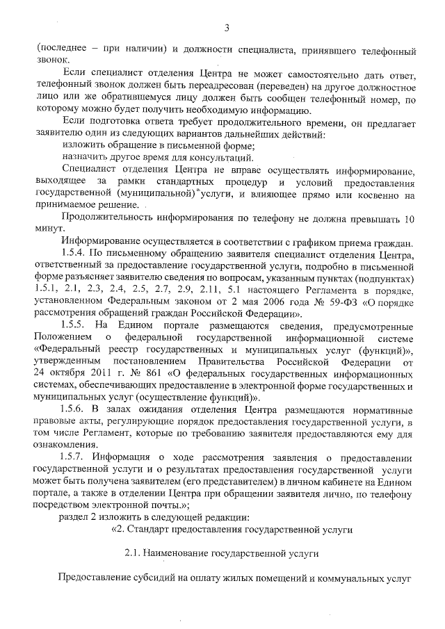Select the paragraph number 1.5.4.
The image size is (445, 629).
(x=74, y=254)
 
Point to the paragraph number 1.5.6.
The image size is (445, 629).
(x=74, y=409)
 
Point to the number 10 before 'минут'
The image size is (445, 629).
(x=410, y=218)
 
